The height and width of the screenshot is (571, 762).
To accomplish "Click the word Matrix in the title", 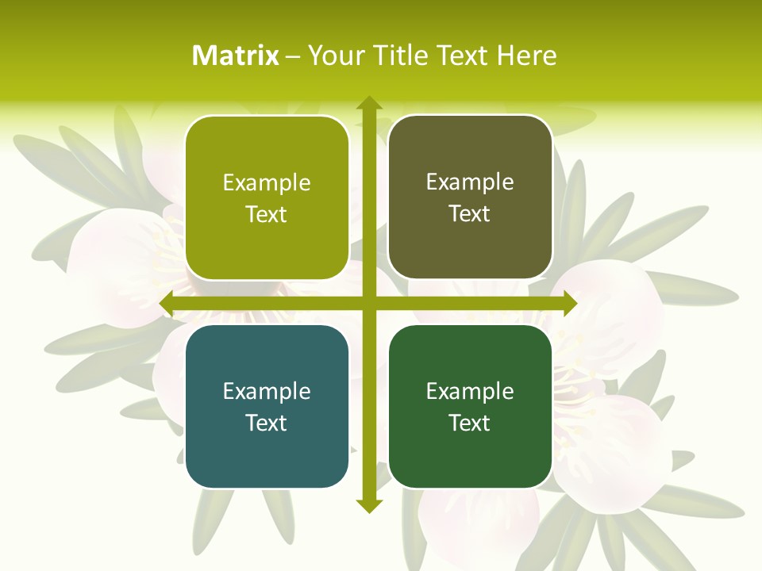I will [236, 56].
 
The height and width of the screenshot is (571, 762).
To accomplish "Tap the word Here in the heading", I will [526, 56].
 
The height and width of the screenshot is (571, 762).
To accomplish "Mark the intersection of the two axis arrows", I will [368, 304].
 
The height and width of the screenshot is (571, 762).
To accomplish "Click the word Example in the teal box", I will [267, 391].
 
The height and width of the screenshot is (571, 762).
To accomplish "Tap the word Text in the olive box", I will [267, 215].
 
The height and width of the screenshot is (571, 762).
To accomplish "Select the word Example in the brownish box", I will [470, 182].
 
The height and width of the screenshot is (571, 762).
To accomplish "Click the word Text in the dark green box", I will [470, 423].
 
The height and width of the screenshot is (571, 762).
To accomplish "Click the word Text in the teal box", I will [267, 423].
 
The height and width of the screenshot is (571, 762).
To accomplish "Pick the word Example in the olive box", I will [267, 182].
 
